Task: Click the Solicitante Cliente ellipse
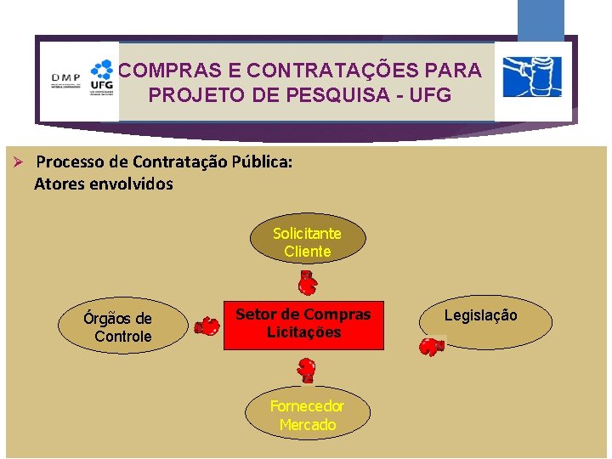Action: (x=307, y=241)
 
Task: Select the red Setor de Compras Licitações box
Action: (x=303, y=325)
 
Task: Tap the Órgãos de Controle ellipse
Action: (x=119, y=326)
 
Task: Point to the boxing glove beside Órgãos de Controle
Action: (x=207, y=326)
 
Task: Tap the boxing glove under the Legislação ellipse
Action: (x=431, y=346)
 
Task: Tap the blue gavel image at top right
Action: (x=531, y=77)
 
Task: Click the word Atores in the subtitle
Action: (x=59, y=184)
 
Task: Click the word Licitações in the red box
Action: (x=303, y=333)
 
